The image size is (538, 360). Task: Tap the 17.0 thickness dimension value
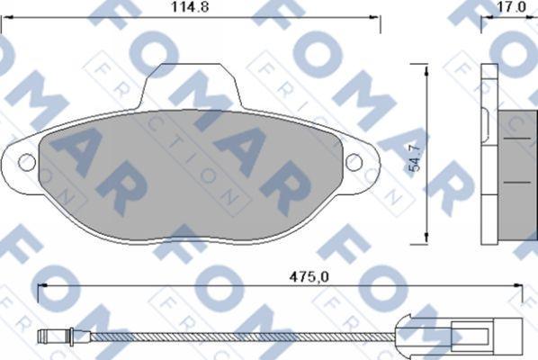[x=511, y=7]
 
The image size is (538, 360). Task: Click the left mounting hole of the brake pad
[x=27, y=162]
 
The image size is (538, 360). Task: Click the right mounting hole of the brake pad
[x=354, y=162]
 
